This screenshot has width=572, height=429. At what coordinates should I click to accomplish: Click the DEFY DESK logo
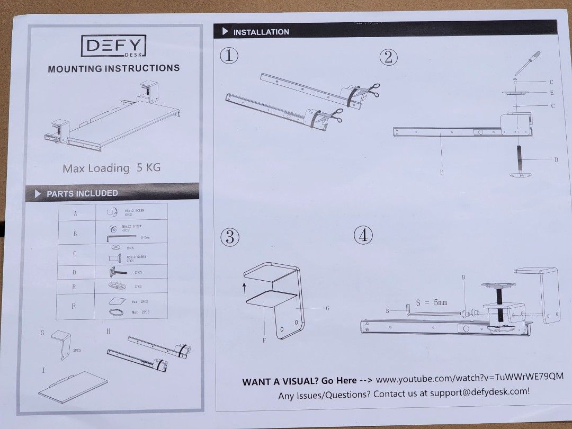coord(113,46)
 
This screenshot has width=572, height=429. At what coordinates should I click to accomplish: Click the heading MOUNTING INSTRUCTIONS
coord(113,68)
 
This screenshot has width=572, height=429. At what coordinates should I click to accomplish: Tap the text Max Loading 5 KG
coord(111,168)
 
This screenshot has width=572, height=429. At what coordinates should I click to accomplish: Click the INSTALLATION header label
coord(261,32)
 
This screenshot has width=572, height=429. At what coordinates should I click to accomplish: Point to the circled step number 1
coord(229,56)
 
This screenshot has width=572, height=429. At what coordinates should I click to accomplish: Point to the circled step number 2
coord(388,57)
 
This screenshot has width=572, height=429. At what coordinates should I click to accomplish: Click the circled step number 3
coord(229,237)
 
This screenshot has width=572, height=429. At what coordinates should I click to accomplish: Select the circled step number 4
coord(363,235)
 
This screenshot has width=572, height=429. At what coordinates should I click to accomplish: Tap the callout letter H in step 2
coord(441,172)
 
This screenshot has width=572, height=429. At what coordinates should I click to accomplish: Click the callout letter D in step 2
coord(556,159)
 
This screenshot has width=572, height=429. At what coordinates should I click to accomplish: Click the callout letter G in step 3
coord(327,308)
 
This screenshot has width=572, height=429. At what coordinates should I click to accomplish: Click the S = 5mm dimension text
coord(431,302)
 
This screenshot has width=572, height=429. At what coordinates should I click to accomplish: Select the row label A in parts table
coord(75,213)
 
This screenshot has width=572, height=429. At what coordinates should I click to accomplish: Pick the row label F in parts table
coord(74,306)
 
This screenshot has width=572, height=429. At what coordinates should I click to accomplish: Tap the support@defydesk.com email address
coord(479,392)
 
